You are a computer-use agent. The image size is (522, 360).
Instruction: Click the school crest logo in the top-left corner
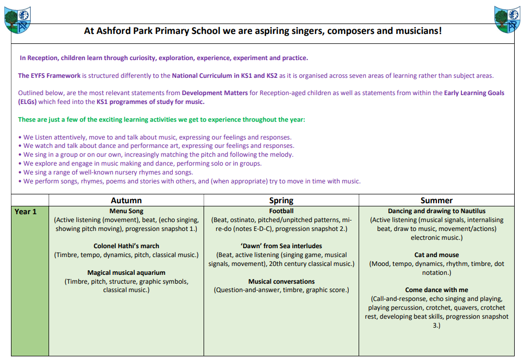pos(17,19)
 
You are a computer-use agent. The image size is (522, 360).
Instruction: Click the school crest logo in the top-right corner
pos(506,19)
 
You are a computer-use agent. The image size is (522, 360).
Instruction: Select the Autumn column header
pos(126,201)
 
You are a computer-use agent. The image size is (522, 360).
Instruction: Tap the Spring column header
pos(281,201)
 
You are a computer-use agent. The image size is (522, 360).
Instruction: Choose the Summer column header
pos(436,201)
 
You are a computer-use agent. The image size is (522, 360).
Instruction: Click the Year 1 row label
pos(26,212)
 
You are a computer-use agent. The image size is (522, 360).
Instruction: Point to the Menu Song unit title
pos(126,212)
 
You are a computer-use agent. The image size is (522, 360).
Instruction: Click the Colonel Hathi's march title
pos(126,246)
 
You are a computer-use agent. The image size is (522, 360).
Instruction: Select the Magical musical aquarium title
pos(126,272)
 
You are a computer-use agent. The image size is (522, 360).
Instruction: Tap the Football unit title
pos(281,212)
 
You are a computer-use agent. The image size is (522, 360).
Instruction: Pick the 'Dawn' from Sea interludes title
pos(281,246)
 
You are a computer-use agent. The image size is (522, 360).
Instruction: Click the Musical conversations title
pos(281,281)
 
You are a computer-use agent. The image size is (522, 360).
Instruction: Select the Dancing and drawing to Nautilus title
pos(436,212)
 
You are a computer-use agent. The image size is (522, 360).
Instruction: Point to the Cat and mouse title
pos(436,255)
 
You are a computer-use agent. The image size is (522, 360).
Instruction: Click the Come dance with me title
pos(436,290)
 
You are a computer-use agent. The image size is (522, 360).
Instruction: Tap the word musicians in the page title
pos(418,31)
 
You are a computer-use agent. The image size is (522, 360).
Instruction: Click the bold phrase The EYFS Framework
pos(50,76)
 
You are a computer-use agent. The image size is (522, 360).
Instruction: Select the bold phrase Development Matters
pos(214,93)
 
